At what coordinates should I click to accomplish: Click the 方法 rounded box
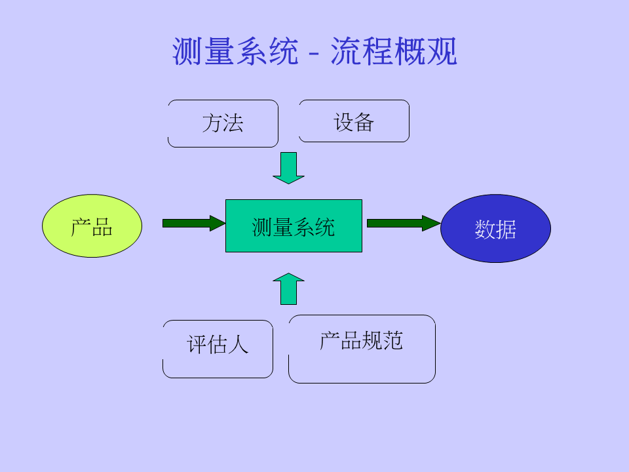[x=223, y=123]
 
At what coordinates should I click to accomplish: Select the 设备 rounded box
[x=354, y=121]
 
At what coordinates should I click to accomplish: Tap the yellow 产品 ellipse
[x=92, y=226]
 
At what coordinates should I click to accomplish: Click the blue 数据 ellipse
[x=495, y=229]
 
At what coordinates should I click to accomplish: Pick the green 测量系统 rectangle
[x=294, y=226]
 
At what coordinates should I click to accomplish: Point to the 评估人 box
[x=218, y=349]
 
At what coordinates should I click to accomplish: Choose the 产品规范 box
[x=362, y=349]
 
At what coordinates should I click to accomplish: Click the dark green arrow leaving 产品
[x=193, y=223]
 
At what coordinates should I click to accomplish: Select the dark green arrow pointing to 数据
[x=402, y=223]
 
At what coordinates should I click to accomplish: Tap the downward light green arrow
[x=288, y=168]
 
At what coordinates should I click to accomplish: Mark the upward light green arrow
[x=288, y=289]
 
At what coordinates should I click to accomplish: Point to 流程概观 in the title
[x=393, y=52]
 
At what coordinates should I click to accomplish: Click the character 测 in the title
[x=187, y=52]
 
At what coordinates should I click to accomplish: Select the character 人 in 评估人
[x=239, y=344]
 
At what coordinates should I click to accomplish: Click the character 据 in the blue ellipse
[x=506, y=229]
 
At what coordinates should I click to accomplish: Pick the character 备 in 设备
[x=364, y=122]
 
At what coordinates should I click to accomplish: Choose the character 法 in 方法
[x=233, y=123]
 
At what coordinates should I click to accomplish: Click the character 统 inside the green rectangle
[x=324, y=227]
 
